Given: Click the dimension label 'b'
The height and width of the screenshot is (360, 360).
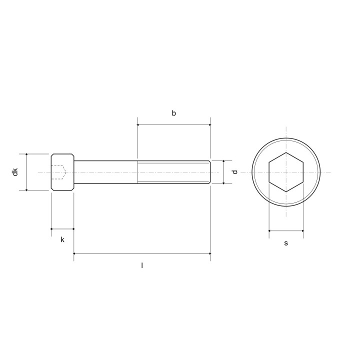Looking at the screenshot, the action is (x=174, y=113).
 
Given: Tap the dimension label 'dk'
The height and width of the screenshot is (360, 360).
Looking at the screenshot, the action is (x=15, y=172).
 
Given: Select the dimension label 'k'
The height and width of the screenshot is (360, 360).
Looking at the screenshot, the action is (x=62, y=239).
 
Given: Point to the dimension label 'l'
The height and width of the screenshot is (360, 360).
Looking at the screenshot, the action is (x=142, y=265).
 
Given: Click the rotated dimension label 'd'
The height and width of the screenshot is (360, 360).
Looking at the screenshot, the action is (x=234, y=172).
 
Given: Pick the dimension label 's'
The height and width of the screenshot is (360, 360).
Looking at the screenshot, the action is (x=286, y=243).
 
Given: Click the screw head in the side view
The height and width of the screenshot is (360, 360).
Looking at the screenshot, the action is (x=62, y=172).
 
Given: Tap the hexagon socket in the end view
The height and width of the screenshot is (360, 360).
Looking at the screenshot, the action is (x=286, y=172).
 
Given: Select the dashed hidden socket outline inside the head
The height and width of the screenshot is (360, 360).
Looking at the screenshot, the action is (x=59, y=172).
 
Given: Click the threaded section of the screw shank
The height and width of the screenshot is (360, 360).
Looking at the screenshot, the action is (x=174, y=172).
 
